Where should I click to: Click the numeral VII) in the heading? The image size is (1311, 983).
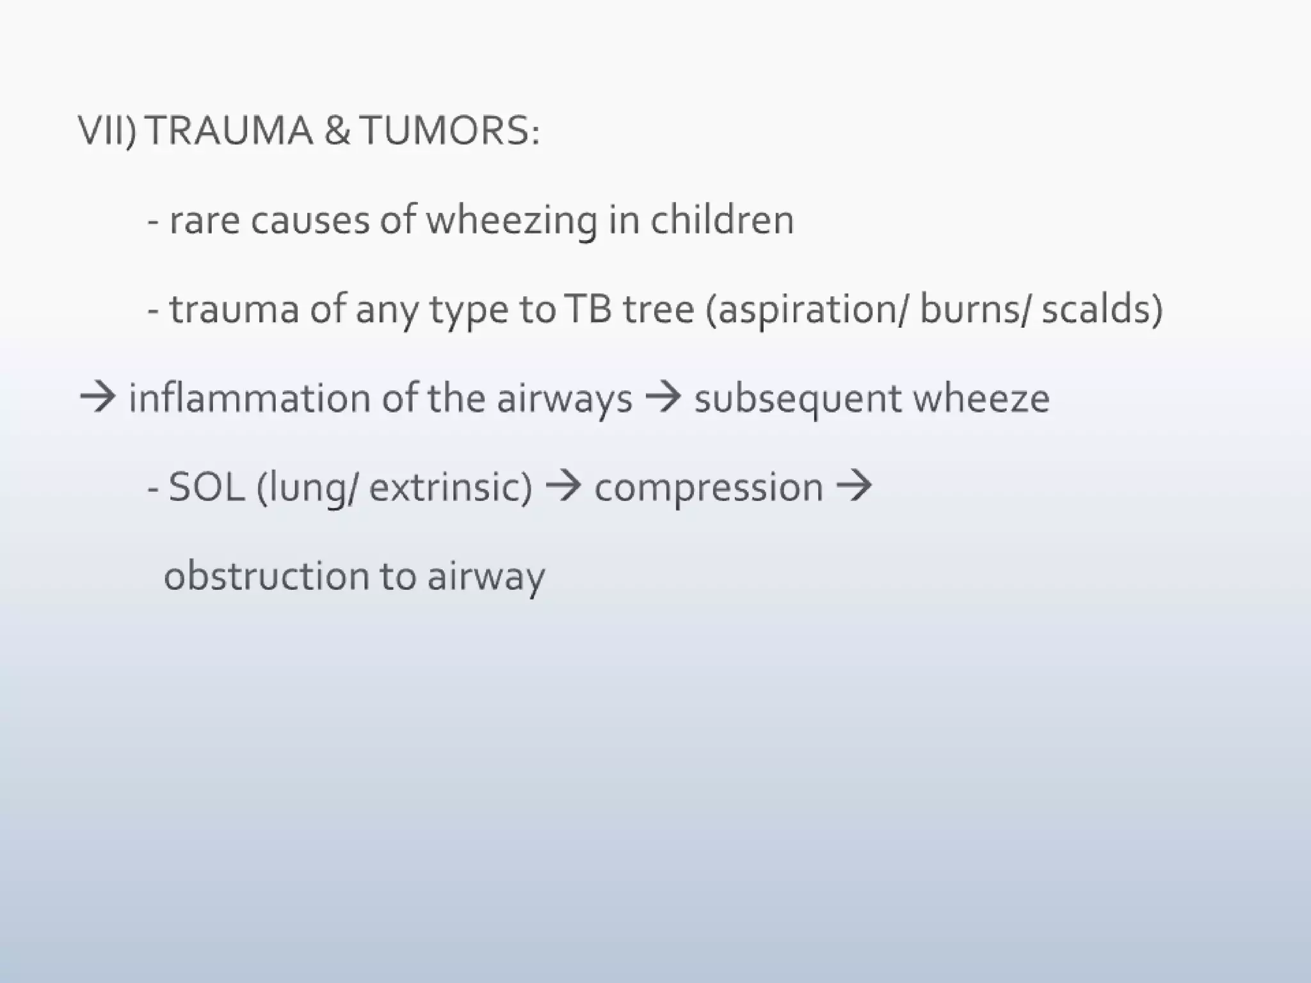click(107, 131)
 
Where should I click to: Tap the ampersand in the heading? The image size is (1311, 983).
click(337, 131)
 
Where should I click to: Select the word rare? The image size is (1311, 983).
click(205, 221)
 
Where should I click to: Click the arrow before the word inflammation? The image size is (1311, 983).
click(97, 398)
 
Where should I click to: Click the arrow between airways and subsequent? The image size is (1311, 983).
click(663, 398)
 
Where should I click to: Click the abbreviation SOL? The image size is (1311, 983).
click(206, 487)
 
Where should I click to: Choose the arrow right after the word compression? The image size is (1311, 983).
click(854, 486)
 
